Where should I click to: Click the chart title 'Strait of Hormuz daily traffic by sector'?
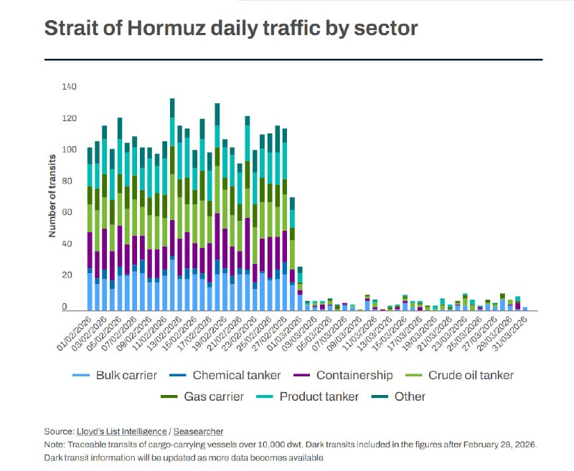[x=231, y=28]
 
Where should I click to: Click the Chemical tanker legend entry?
[x=227, y=375]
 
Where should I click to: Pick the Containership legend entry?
[x=345, y=375]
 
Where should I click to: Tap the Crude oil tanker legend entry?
[x=462, y=375]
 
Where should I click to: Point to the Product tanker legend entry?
[x=310, y=396]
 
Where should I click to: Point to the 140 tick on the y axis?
[x=69, y=87]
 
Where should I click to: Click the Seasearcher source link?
[x=199, y=432]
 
